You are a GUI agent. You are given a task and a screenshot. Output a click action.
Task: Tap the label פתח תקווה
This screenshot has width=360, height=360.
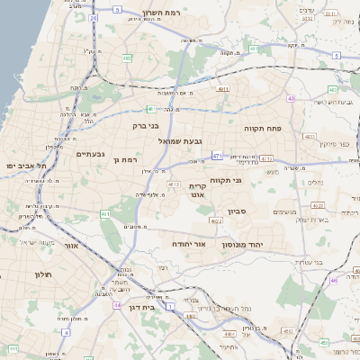263,129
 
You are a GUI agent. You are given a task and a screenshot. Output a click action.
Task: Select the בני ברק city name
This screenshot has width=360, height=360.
146,126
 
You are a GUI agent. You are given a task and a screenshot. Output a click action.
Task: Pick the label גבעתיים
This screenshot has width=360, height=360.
86,154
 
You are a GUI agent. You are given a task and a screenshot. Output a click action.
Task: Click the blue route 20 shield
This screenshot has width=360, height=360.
94,16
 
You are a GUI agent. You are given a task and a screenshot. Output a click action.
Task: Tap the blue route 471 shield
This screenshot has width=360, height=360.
217,156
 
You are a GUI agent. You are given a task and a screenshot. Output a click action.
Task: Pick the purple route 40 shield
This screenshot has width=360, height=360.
291,98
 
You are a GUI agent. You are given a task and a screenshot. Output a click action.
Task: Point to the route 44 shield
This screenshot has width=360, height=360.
117,305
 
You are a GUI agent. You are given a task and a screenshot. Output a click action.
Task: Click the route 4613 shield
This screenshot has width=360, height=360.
175,184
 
